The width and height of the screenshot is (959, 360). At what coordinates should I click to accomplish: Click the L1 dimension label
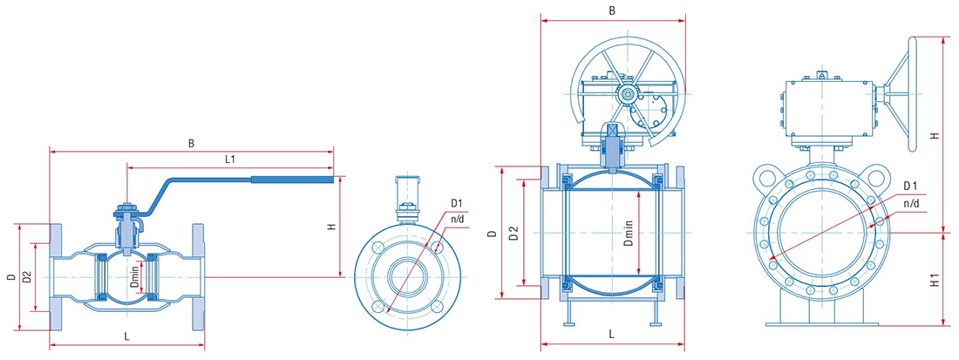coord(230,160)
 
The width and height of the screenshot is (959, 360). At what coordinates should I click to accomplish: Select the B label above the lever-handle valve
coord(192,144)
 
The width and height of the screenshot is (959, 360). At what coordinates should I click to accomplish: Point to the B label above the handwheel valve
coord(612,11)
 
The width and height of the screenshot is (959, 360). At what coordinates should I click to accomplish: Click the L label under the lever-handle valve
coord(126,336)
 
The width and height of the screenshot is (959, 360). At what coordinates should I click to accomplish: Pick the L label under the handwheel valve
coord(612,334)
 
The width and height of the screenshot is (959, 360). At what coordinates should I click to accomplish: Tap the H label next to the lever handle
coord(331,227)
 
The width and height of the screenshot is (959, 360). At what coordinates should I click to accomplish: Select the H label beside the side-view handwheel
coord(934,136)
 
